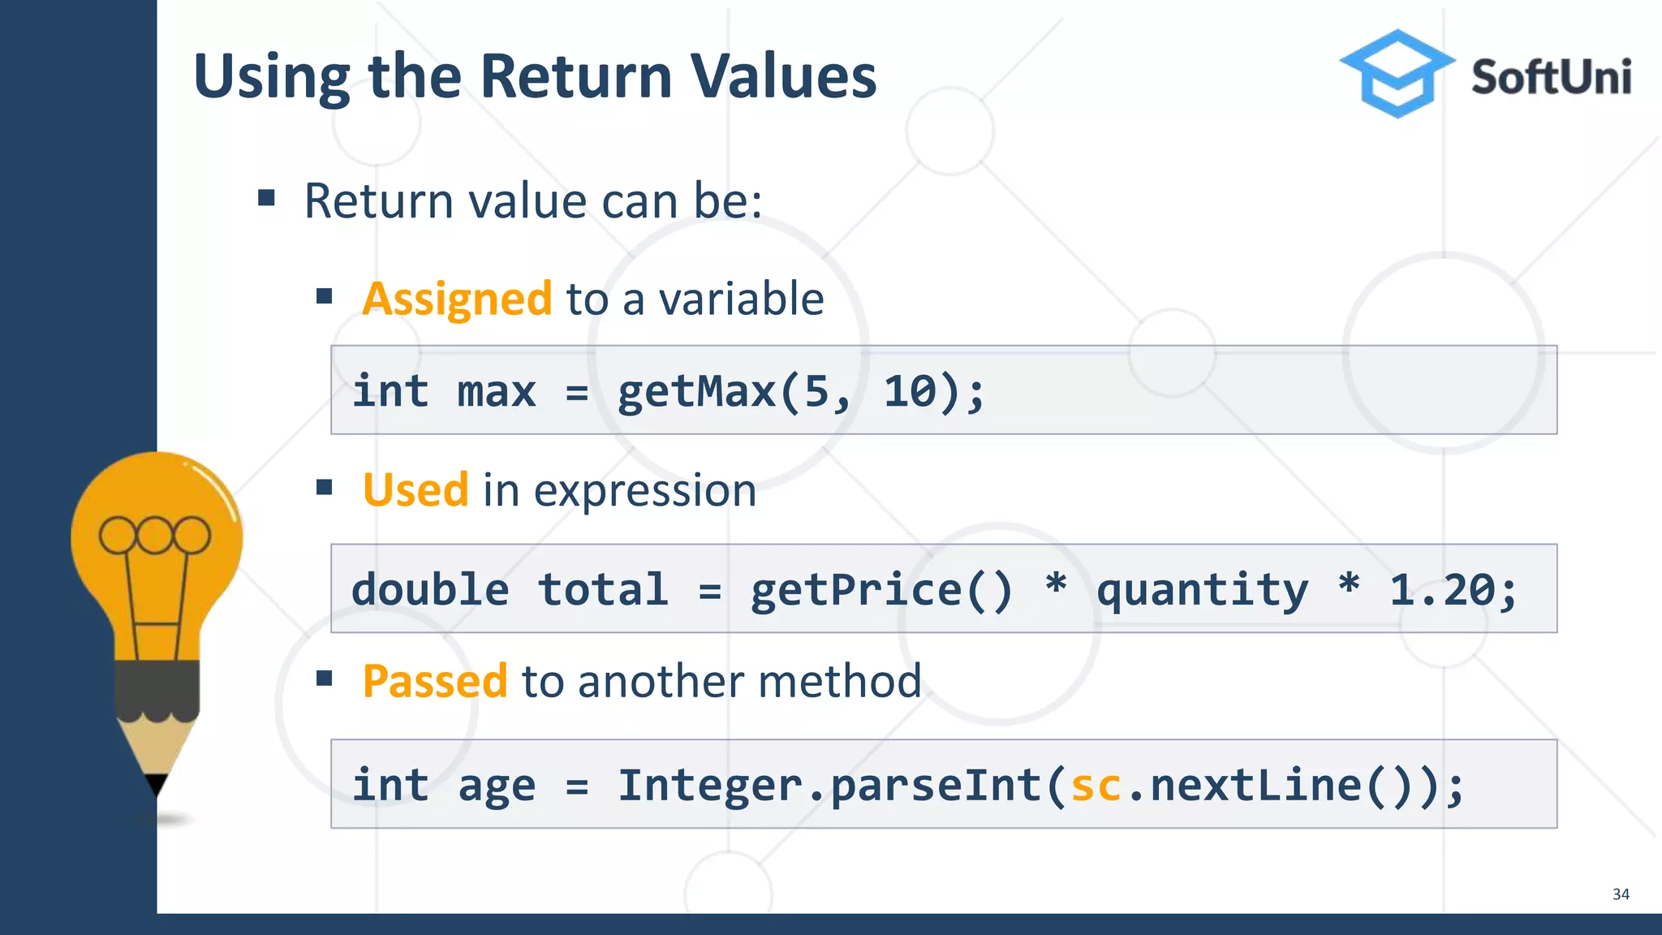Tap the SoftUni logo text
[1551, 77]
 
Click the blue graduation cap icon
[1396, 73]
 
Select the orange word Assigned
[457, 299]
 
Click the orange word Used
[415, 490]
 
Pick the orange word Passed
[435, 681]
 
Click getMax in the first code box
[696, 391]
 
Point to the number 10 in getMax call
[910, 391]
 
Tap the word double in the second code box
[430, 589]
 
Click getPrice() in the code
[881, 589]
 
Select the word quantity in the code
[1202, 589]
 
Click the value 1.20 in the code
[1442, 589]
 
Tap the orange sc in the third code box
[1096, 785]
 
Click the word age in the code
[497, 786]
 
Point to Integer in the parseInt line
[710, 785]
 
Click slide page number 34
[1621, 894]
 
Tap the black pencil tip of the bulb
[157, 784]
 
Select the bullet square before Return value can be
[267, 198]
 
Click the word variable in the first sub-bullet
[741, 299]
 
